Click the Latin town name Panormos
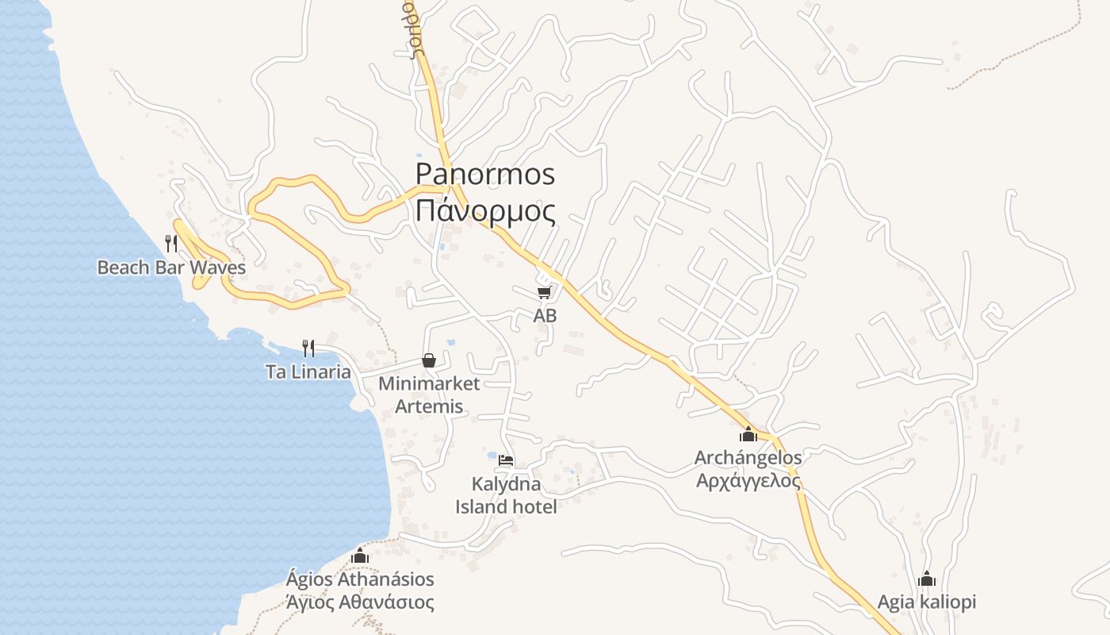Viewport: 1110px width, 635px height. click(x=485, y=174)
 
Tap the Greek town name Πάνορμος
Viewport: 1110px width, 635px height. click(x=485, y=211)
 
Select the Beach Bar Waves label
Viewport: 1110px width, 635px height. click(x=171, y=267)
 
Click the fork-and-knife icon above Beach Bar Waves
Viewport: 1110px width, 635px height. click(x=171, y=242)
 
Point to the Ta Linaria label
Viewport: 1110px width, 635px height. click(x=308, y=371)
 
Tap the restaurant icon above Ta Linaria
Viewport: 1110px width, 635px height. click(x=308, y=348)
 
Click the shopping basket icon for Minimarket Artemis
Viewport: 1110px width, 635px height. click(x=429, y=360)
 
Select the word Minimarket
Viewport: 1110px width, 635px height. click(x=429, y=384)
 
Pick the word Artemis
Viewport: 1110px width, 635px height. click(x=431, y=407)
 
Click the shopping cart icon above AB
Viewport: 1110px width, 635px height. click(x=544, y=293)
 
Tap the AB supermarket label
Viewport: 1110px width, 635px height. click(x=545, y=315)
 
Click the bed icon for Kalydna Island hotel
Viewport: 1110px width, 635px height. click(x=506, y=460)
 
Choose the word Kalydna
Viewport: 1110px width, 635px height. click(x=506, y=484)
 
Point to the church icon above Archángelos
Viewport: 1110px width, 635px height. click(x=748, y=434)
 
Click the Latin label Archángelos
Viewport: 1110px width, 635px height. click(x=748, y=457)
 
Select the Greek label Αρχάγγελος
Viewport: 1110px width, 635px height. click(x=748, y=481)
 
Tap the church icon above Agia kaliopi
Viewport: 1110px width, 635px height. click(x=926, y=579)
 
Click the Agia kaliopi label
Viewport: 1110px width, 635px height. click(x=926, y=602)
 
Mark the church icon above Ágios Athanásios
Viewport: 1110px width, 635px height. click(x=360, y=556)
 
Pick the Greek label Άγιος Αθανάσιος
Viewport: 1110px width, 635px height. click(x=360, y=602)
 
